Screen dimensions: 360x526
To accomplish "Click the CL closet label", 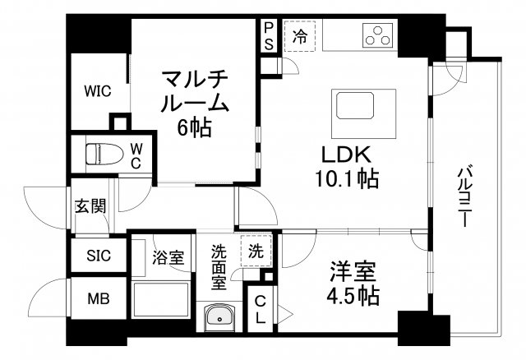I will [260, 309].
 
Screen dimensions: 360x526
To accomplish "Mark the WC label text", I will [136, 155].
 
